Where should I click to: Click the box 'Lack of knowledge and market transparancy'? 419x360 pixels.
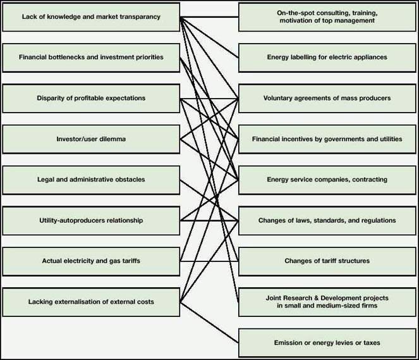(x=92, y=17)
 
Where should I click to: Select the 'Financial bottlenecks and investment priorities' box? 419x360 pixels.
(x=92, y=58)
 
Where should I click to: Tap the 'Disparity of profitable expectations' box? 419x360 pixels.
(x=92, y=98)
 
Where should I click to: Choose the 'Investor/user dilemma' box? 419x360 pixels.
(x=92, y=139)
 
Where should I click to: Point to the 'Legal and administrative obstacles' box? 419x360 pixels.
(x=92, y=180)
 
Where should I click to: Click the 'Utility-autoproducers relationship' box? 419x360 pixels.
(x=92, y=220)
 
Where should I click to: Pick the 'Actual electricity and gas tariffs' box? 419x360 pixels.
(x=92, y=261)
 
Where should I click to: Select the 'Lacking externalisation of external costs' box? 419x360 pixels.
(x=92, y=302)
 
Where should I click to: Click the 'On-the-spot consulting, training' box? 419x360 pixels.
(x=327, y=17)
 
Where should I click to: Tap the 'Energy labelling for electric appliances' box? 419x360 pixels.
(x=327, y=58)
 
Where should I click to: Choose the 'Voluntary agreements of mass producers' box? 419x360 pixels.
(x=327, y=98)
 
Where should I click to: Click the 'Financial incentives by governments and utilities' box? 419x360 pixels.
(x=327, y=139)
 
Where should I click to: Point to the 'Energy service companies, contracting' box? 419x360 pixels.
(x=327, y=180)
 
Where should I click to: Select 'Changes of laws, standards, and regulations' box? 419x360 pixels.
(x=327, y=220)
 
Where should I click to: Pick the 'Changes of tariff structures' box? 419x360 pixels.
(x=327, y=261)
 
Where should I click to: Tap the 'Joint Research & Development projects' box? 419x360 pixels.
(x=327, y=302)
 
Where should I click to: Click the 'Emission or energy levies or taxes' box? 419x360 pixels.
(x=327, y=342)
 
